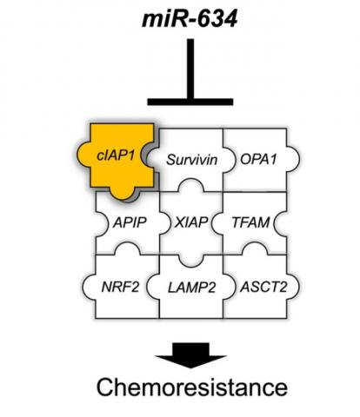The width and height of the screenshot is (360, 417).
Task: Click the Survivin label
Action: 190,160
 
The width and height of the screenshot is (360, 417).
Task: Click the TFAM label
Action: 252,222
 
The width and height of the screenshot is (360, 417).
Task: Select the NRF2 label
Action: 123,283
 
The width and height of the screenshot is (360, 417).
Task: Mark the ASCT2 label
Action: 253,283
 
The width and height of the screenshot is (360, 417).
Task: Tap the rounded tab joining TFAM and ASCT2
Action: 252,252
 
